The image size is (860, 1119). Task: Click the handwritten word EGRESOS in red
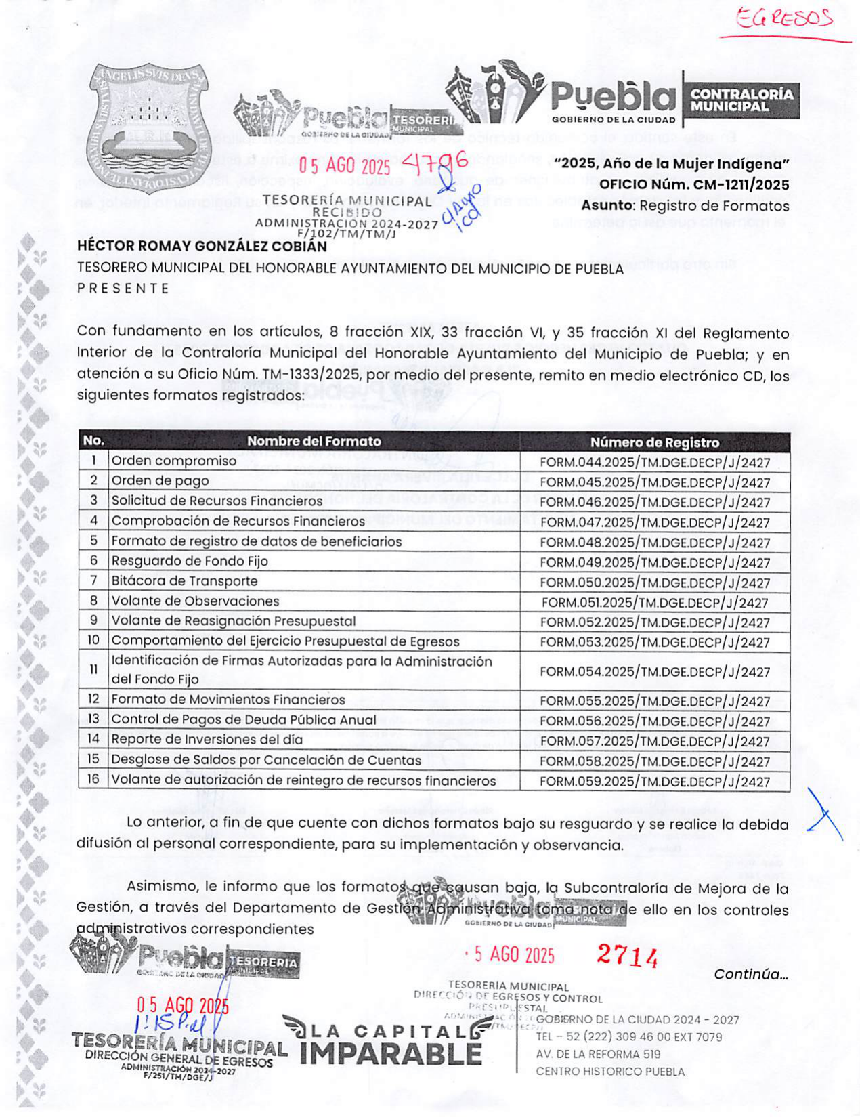tap(785, 20)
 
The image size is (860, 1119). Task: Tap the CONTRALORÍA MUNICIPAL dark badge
tap(741, 100)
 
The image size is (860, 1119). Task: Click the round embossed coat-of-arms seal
tap(150, 129)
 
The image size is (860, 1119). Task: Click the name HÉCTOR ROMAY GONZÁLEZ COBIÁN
tap(202, 246)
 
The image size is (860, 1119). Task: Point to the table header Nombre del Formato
tap(314, 441)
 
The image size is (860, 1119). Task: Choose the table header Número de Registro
tap(654, 442)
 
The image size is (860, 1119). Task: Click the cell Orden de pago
tap(160, 481)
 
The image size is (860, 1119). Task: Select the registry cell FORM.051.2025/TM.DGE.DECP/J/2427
tap(654, 603)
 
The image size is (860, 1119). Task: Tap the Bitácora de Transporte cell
tap(184, 581)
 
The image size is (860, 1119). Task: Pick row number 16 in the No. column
tap(93, 780)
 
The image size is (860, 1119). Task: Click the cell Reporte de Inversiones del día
tap(207, 740)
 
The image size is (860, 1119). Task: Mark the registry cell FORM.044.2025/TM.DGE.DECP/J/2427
tap(654, 463)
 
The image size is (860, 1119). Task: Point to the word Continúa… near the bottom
tap(750, 975)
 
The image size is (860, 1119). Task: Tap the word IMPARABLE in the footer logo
tap(390, 1054)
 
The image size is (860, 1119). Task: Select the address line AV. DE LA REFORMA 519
tap(598, 1054)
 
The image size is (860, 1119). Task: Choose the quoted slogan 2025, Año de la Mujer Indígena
tap(671, 163)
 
